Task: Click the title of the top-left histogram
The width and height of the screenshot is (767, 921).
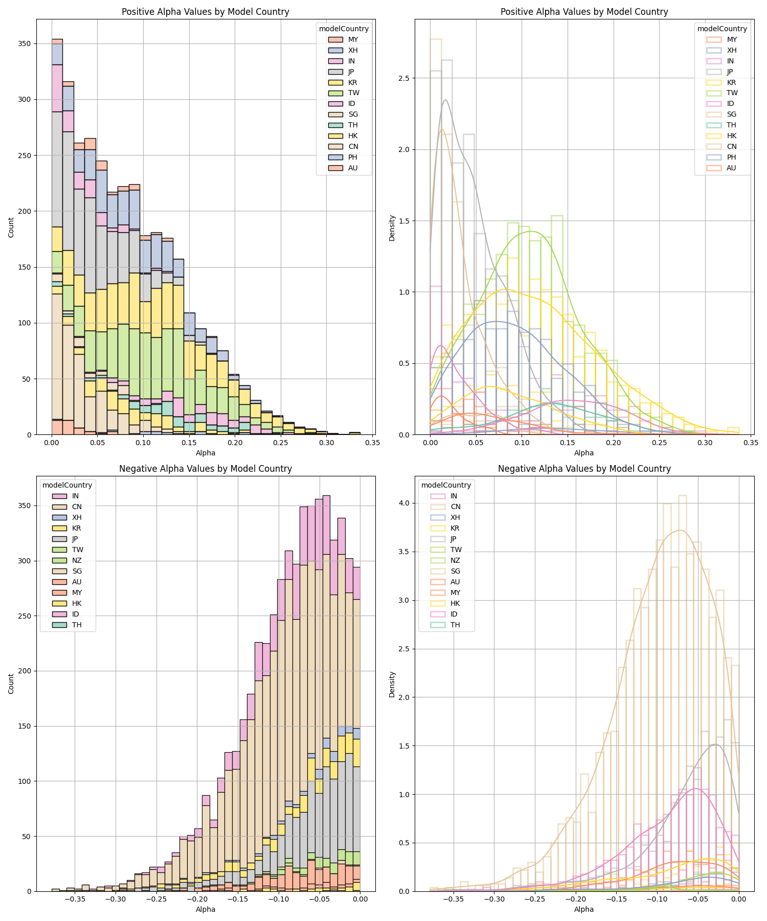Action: tap(206, 12)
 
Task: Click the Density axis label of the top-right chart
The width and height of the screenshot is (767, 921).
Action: tap(392, 227)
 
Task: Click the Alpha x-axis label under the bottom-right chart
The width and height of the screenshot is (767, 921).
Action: tap(584, 909)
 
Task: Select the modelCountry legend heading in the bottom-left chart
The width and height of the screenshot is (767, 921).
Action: tap(67, 485)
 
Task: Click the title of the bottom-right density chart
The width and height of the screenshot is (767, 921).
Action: tap(584, 469)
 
